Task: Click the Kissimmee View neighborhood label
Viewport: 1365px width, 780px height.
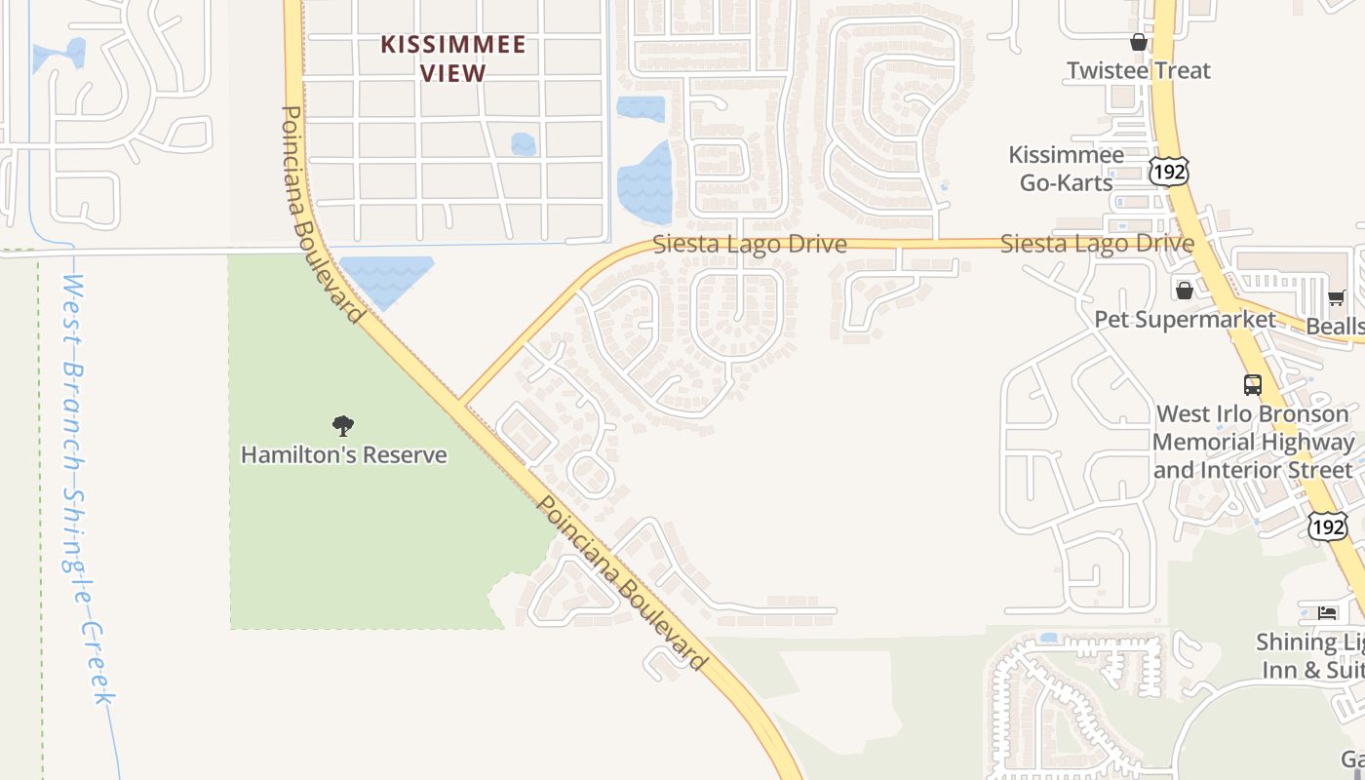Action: click(453, 58)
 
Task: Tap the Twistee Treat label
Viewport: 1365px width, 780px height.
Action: click(1138, 70)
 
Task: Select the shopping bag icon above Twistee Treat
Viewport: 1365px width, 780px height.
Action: click(1138, 42)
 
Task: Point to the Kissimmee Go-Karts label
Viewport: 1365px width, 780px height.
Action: click(1065, 168)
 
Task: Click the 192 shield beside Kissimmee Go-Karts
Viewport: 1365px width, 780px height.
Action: click(1168, 172)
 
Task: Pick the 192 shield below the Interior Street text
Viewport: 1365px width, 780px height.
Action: click(1328, 526)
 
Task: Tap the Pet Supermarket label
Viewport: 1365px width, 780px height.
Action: click(1185, 319)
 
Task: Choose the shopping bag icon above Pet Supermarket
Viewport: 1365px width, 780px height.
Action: click(1185, 291)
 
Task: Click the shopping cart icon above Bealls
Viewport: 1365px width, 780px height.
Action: click(1336, 297)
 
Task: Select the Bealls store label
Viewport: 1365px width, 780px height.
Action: click(1336, 326)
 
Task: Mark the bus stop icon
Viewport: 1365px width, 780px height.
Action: click(1253, 384)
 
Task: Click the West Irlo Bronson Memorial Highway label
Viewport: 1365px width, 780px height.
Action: click(1253, 442)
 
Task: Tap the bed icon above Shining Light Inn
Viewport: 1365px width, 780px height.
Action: click(1327, 612)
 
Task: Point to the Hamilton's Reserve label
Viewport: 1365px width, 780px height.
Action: click(343, 454)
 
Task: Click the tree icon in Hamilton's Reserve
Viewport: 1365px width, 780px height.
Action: click(342, 425)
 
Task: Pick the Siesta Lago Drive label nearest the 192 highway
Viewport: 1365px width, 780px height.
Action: click(1097, 244)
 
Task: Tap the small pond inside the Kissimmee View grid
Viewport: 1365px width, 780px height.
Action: click(524, 144)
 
